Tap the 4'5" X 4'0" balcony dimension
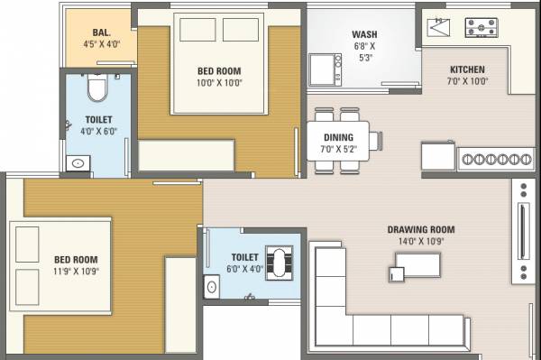(x=101, y=42)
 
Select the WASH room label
(x=364, y=36)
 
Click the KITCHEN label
(x=467, y=69)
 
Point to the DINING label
(x=338, y=137)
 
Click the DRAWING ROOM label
(x=421, y=229)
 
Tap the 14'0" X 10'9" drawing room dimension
(x=421, y=242)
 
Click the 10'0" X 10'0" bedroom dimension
(x=220, y=82)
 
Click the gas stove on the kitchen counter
(x=486, y=28)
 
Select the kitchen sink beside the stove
(x=439, y=28)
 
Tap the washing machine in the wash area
(x=324, y=68)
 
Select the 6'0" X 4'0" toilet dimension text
(x=244, y=268)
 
